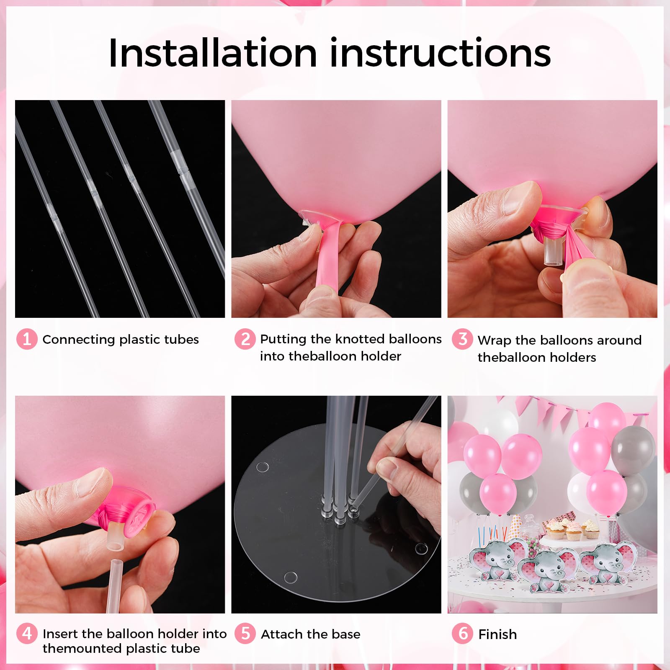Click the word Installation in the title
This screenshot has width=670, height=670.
[x=212, y=53]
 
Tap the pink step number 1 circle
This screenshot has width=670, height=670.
[x=27, y=339]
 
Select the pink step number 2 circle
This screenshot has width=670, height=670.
[x=245, y=339]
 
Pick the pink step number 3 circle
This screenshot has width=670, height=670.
[x=462, y=339]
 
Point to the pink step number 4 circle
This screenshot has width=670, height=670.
[x=27, y=633]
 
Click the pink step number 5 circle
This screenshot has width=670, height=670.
[x=245, y=633]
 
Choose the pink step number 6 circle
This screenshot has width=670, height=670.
[x=462, y=633]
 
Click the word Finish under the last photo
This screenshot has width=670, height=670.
[x=497, y=634]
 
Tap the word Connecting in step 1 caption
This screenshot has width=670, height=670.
[x=79, y=340]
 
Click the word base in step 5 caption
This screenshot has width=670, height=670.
[x=346, y=634]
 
